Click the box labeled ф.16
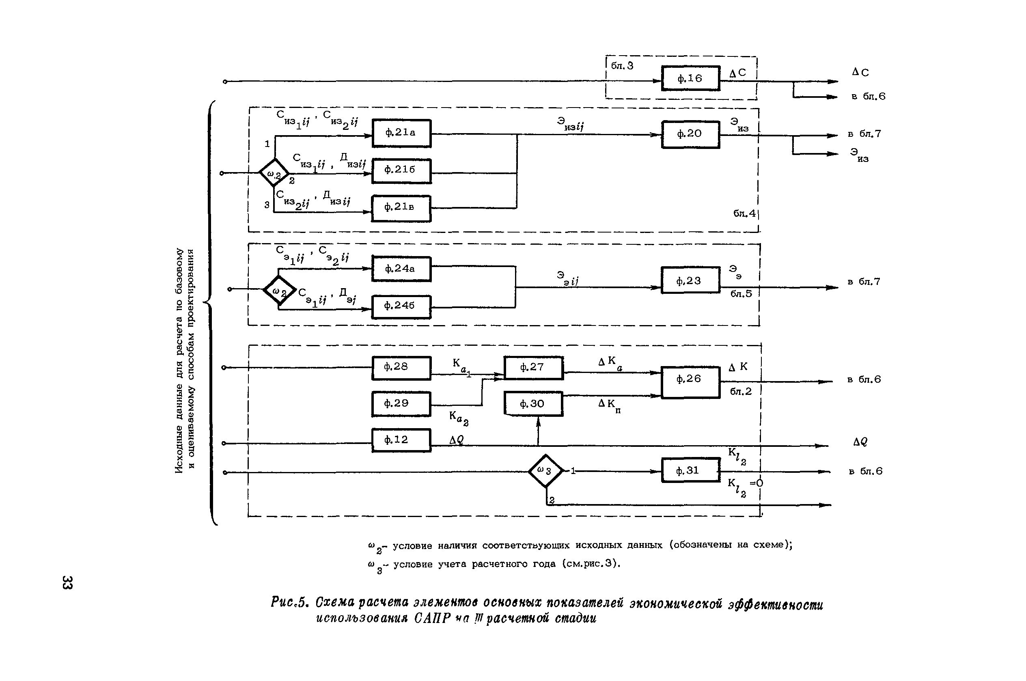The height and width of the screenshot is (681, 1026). pos(690,78)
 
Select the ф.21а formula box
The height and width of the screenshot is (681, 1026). pos(401,133)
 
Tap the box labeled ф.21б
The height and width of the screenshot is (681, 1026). pos(401,171)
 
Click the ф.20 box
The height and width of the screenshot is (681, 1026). pos(690,134)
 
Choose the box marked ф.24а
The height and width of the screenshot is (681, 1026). pos(401,269)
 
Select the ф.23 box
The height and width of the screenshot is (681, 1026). pos(690,280)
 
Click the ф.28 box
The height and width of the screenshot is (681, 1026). pos(401,367)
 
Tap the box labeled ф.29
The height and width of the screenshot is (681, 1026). pos(401,403)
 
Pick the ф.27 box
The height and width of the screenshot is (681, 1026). pos(533,367)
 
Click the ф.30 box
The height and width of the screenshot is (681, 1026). pos(533,403)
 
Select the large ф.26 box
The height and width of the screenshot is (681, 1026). pos(690,381)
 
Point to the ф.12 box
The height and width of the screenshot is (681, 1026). pos(401,440)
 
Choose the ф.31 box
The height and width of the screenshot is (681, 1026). pos(690,470)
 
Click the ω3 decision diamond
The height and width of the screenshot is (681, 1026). pos(545,470)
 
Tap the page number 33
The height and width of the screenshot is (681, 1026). pos(67,582)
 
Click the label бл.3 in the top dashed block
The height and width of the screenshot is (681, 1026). pos(622,66)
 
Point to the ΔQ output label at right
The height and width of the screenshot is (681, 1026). pos(860,442)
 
